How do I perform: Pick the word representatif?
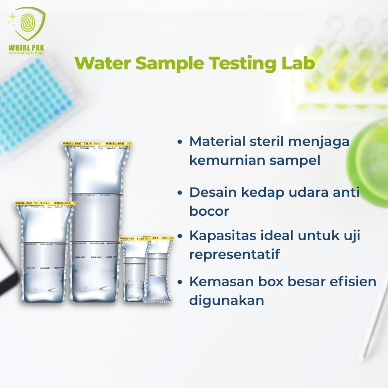pyautogui.click(x=234, y=254)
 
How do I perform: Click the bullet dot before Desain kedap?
pyautogui.click(x=180, y=193)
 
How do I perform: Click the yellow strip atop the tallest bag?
pyautogui.click(x=100, y=144)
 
